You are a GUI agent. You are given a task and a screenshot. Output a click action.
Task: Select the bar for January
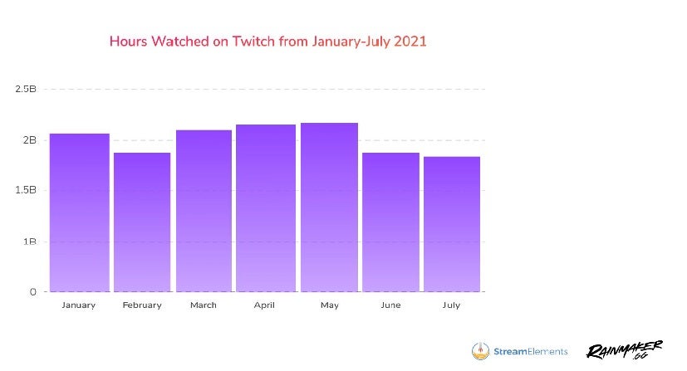(80, 212)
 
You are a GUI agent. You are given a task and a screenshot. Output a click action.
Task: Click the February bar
(142, 222)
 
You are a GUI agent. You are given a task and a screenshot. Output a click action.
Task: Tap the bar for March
(204, 211)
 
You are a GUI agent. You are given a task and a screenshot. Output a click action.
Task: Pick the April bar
(266, 207)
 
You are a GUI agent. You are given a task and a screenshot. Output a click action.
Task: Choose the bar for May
(329, 207)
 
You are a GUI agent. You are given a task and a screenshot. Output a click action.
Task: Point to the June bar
(390, 222)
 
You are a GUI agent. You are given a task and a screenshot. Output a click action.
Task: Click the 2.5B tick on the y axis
(26, 88)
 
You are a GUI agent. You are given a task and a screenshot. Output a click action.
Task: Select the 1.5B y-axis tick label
(26, 190)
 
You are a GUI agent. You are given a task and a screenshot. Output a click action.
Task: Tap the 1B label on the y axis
(30, 242)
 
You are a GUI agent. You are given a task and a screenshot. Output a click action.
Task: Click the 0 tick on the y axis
(33, 292)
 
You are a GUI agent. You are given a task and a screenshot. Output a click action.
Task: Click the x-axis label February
(142, 305)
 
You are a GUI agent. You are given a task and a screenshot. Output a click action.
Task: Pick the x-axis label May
(329, 305)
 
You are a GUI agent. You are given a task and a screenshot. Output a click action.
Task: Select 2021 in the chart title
(410, 41)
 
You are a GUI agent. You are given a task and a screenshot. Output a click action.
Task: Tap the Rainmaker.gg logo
(624, 351)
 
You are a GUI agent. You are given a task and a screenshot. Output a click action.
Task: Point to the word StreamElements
(532, 351)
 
